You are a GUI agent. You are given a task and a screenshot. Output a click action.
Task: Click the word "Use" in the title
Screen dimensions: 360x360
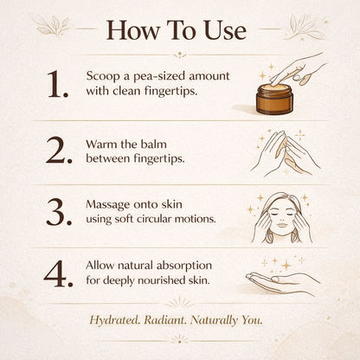225,30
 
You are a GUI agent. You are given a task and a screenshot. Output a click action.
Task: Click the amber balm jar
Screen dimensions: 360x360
274,99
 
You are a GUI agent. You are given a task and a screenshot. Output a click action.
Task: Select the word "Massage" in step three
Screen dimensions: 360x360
108,204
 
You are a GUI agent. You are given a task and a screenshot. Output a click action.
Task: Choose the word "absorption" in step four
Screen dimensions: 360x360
181,267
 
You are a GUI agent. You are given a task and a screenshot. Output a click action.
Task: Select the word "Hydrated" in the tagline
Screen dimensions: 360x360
114,320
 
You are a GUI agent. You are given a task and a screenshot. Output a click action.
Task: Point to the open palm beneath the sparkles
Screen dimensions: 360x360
283,283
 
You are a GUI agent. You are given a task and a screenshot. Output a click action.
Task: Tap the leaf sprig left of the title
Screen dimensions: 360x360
52,25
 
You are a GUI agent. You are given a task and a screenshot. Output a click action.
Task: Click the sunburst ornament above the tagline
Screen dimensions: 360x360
179,302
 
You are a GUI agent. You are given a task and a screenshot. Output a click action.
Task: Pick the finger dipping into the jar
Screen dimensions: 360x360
281,75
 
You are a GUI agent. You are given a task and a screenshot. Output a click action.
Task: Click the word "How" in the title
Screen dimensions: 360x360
133,30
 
